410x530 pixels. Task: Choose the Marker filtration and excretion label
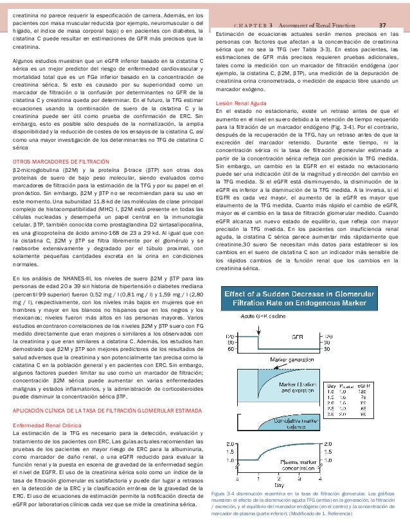301,388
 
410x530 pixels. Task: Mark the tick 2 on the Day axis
278,478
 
